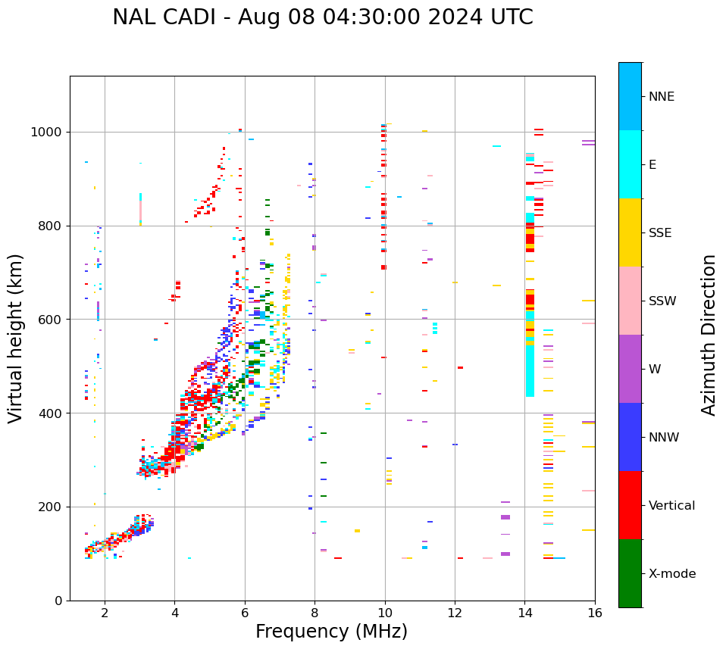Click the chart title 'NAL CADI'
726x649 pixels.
coord(323,17)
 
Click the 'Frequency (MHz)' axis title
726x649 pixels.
coord(331,632)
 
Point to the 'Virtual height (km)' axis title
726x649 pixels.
coord(16,338)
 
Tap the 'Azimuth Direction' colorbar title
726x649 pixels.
coord(709,334)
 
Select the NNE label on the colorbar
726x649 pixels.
coord(661,97)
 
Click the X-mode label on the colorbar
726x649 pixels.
coord(671,574)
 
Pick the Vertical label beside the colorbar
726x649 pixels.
coord(671,506)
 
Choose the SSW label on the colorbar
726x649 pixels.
coord(662,301)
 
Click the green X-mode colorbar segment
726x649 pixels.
coord(630,573)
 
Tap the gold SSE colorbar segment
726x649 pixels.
coord(630,232)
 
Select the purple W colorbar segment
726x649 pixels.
coord(630,369)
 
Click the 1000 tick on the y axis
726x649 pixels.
coord(51,133)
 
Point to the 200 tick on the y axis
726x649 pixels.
coord(54,507)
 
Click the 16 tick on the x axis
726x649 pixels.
coord(595,613)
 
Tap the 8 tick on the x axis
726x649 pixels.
coord(314,613)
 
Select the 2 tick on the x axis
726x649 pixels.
coord(105,613)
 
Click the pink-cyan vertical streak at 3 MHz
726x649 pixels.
coord(140,207)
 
